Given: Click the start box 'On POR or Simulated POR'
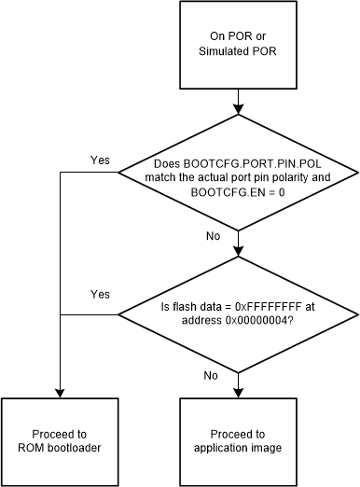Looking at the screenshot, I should (242, 44).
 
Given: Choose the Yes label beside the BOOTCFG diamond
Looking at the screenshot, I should (100, 160).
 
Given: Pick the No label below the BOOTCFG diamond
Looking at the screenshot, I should (214, 237).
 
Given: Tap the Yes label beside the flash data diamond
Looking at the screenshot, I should (100, 294).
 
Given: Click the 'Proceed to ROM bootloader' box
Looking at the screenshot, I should (61, 440).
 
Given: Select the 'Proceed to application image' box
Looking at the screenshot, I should (242, 440).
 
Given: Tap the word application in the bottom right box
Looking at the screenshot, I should (225, 448).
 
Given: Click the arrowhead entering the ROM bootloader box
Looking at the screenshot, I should (61, 392).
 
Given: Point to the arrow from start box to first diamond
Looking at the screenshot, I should (242, 98).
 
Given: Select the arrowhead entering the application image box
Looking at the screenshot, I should (242, 392).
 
